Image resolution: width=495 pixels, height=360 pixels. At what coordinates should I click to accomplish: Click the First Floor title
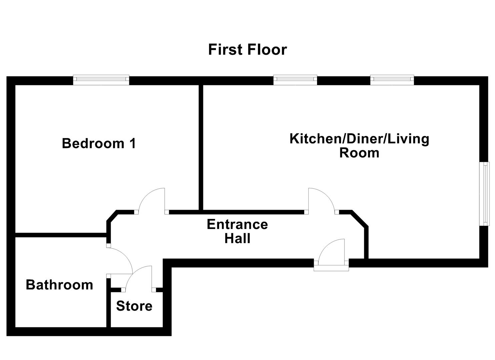pos(247,50)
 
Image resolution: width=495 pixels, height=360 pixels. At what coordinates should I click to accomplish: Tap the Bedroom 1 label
pos(99,144)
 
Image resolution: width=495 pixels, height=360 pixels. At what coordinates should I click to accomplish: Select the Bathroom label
pos(59,285)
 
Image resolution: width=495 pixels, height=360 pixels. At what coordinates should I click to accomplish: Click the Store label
pos(134,306)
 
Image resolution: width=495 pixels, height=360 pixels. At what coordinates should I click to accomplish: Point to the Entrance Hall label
pos(237,231)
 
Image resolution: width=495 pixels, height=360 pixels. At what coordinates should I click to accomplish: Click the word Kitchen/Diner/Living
pos(359,139)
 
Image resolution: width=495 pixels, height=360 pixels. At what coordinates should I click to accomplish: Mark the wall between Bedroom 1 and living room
pos(201,147)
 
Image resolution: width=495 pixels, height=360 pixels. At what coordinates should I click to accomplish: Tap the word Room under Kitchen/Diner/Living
pos(359,153)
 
